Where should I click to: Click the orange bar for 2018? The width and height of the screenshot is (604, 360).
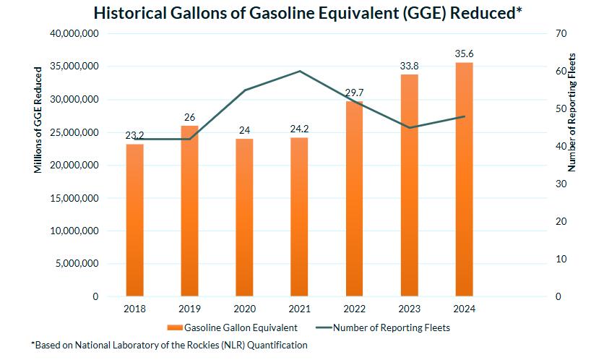click(134, 220)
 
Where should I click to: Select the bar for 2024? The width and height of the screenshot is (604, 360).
click(464, 181)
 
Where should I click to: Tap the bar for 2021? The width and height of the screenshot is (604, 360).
click(299, 217)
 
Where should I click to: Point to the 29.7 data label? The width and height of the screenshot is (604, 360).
click(354, 93)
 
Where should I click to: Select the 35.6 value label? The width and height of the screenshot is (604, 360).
click(464, 53)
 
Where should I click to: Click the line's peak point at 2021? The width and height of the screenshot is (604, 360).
click(299, 71)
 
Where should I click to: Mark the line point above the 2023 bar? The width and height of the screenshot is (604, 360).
click(409, 128)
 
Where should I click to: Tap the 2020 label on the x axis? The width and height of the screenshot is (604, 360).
click(244, 309)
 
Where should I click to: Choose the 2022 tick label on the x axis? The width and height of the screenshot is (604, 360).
click(354, 309)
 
